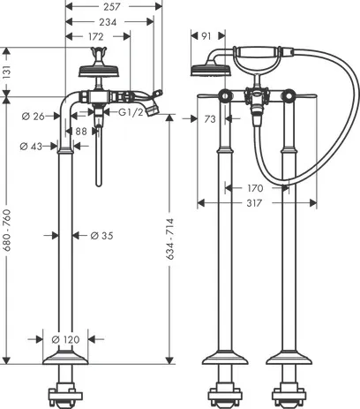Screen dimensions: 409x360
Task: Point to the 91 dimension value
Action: coord(206,37)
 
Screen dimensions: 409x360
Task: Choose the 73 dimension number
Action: coord(210,117)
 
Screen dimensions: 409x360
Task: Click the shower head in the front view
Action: coord(205,70)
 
